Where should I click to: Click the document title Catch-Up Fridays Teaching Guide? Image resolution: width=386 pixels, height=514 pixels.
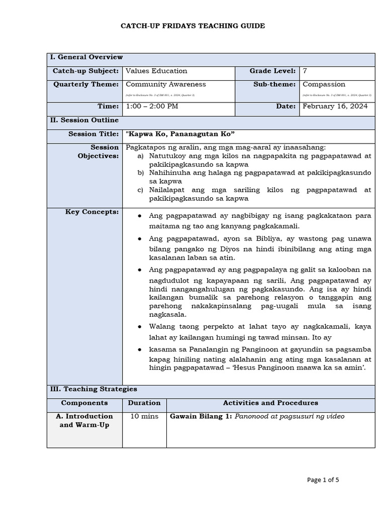click(193, 26)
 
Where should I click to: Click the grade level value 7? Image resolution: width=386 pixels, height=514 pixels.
click(305, 71)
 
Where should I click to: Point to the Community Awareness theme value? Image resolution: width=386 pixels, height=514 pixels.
click(165, 84)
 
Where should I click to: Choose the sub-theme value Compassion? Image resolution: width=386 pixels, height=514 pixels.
click(324, 84)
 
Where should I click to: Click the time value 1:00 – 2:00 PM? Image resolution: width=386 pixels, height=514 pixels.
click(152, 106)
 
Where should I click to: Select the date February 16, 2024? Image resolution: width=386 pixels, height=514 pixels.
click(335, 106)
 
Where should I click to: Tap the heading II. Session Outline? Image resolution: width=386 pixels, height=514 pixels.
click(84, 120)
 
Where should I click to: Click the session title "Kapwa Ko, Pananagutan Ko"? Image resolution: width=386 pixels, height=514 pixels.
click(180, 135)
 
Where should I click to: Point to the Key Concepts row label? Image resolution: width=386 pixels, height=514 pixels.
click(92, 212)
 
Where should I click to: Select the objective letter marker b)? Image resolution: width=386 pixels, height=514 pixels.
click(141, 173)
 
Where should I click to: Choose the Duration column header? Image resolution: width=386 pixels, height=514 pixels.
click(144, 403)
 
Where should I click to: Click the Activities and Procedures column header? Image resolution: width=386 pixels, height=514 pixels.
click(270, 403)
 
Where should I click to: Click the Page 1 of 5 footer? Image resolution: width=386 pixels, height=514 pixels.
click(323, 480)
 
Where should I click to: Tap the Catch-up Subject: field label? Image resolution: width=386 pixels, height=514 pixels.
click(85, 71)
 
